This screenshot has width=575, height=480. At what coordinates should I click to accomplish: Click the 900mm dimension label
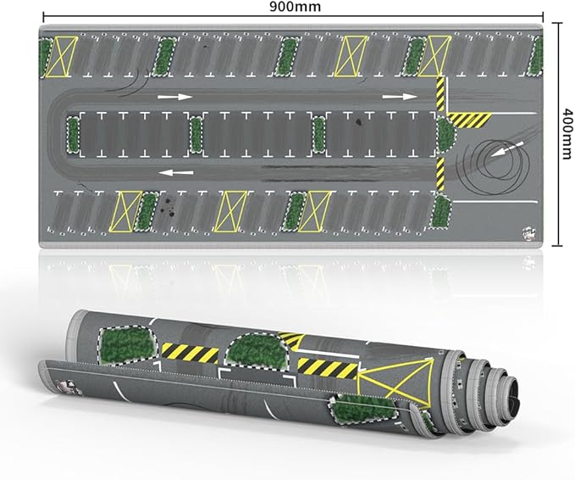[x=295, y=6]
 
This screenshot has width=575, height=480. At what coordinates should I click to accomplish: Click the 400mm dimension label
[x=567, y=133]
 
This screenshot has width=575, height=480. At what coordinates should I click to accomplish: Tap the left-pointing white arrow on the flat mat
[x=178, y=172]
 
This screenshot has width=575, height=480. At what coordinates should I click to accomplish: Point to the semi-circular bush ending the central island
[x=446, y=135]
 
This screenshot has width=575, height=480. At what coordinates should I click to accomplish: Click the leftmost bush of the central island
[x=74, y=134]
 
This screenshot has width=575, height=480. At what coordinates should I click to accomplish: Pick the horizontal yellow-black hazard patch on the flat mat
[x=471, y=120]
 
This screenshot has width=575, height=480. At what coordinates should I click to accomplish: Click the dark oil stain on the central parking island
[x=358, y=122]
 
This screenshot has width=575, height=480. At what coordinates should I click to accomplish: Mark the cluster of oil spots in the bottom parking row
[x=168, y=206]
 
